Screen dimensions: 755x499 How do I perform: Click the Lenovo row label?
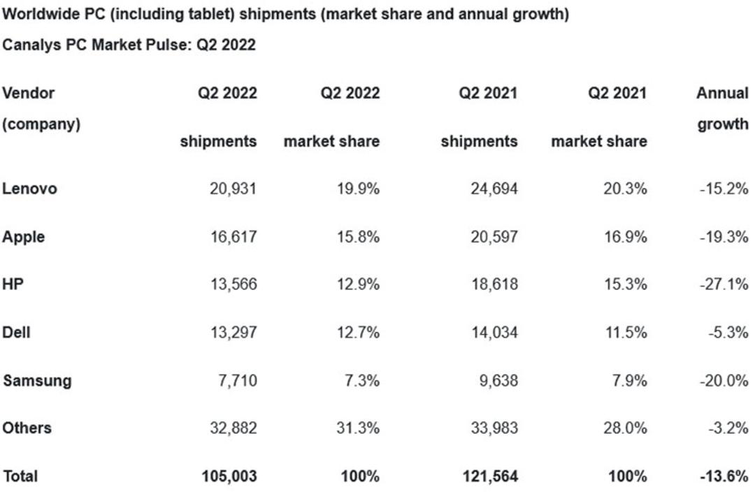[x=29, y=188]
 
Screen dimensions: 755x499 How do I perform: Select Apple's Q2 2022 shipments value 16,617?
[x=233, y=237]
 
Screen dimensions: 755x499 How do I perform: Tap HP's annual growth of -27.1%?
[x=724, y=284]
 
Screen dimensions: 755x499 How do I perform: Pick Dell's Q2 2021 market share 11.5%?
[x=626, y=332]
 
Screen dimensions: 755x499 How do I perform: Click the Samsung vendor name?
[x=37, y=381]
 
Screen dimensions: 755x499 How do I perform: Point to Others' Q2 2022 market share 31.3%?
[x=358, y=428]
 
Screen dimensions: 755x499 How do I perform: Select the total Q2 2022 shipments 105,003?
[x=229, y=476]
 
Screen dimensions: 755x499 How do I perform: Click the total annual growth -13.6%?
[x=724, y=476]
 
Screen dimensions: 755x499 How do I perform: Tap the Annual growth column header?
[x=722, y=108]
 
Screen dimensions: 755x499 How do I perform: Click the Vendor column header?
[x=29, y=92]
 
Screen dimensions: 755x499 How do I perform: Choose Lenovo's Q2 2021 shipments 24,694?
[x=494, y=188]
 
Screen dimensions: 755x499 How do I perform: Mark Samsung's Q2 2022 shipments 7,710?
[x=238, y=381]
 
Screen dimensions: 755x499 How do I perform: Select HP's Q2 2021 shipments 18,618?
[x=494, y=284]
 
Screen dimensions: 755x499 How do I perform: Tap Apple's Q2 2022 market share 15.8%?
[x=358, y=237]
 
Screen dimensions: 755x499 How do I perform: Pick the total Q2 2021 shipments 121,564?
[x=490, y=476]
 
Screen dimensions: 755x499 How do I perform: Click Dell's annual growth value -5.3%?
[x=728, y=332]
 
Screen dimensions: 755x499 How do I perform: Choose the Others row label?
[x=27, y=428]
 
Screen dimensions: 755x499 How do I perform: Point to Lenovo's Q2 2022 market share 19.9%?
[x=358, y=188]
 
